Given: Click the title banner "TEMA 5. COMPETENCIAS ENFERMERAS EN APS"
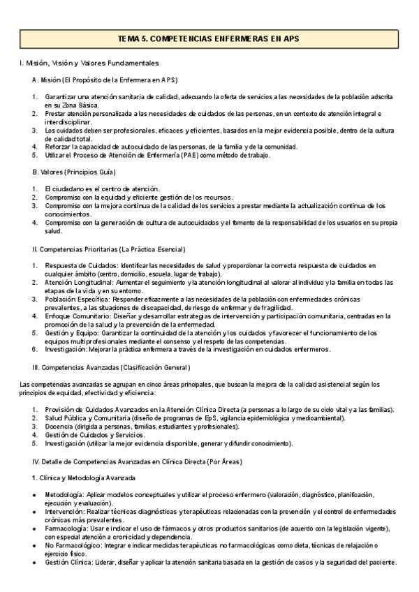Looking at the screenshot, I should pos(209,38).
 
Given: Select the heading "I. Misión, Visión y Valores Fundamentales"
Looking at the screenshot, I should pos(89,64).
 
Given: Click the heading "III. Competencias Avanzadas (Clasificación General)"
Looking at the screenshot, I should pos(111,367).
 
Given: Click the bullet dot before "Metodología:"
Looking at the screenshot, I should pos(34,494).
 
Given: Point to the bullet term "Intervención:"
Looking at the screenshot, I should pos(66,512).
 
